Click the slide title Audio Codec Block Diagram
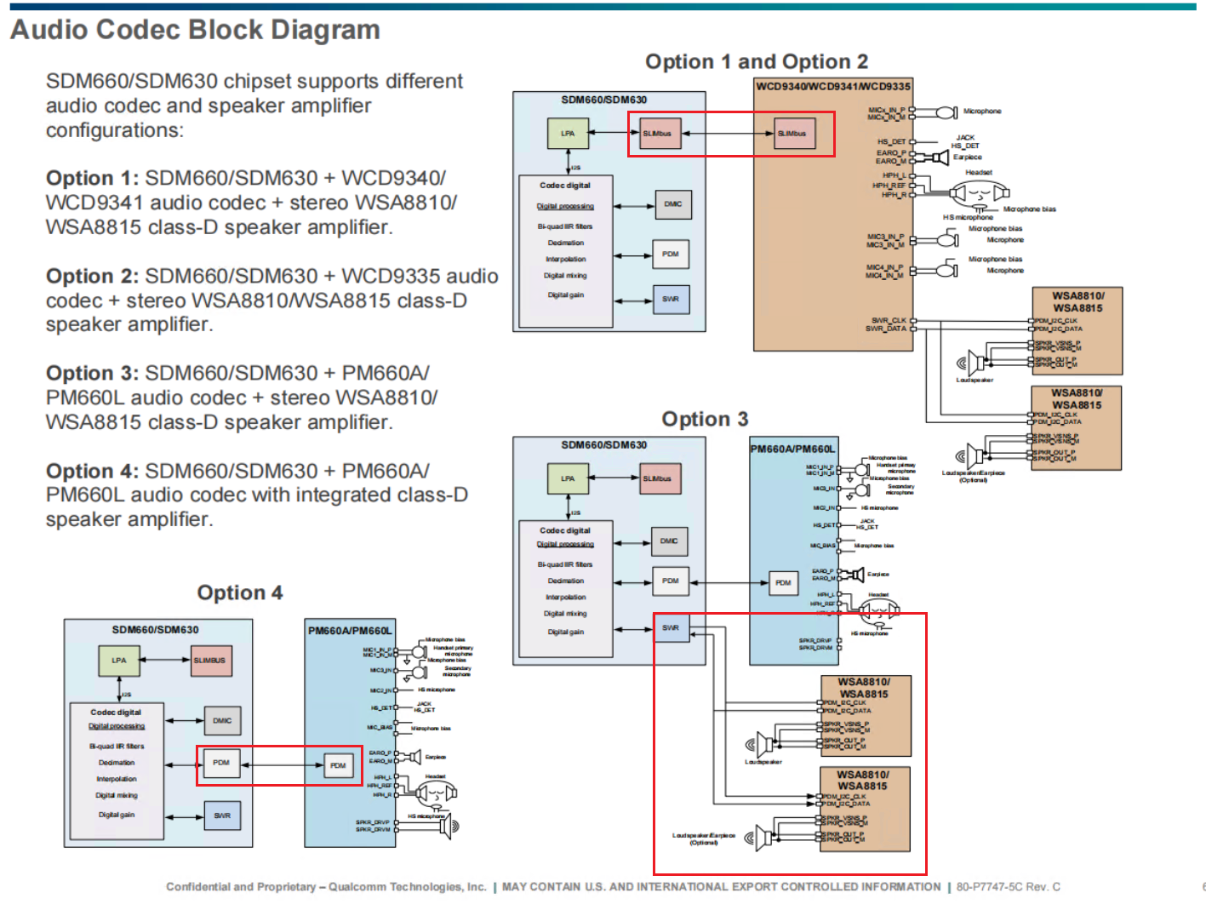(x=195, y=30)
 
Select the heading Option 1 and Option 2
(x=756, y=62)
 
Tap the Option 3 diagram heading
(x=705, y=419)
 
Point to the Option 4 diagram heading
(x=239, y=592)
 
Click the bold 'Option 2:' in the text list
(x=92, y=277)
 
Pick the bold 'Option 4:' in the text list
(x=92, y=472)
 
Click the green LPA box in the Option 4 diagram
(x=119, y=661)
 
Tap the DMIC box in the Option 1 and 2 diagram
(x=672, y=204)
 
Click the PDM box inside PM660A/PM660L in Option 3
(x=783, y=583)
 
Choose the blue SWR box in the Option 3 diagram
(x=671, y=628)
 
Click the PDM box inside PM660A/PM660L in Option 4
(x=338, y=765)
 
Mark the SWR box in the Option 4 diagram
(x=222, y=816)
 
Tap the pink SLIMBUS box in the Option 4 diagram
(x=210, y=661)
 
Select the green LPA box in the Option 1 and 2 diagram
(x=568, y=134)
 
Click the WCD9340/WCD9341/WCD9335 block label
(x=833, y=86)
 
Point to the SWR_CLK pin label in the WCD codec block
(x=889, y=321)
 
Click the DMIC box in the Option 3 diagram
(x=669, y=541)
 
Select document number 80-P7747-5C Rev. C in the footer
(x=1008, y=887)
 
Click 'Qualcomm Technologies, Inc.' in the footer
(x=408, y=887)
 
